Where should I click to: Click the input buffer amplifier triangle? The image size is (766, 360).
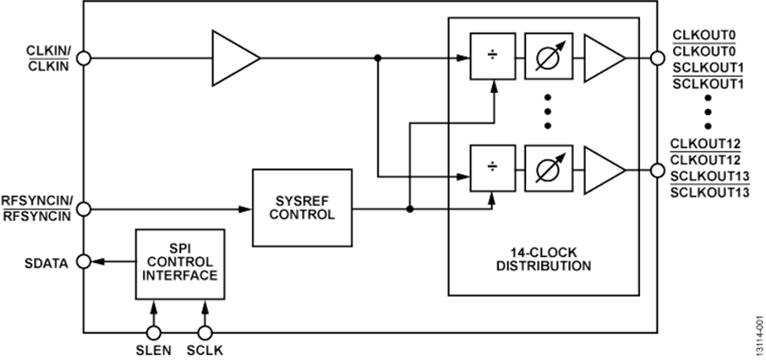click(x=232, y=58)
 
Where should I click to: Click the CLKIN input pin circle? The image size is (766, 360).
click(x=83, y=58)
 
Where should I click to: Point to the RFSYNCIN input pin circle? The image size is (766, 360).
click(x=83, y=207)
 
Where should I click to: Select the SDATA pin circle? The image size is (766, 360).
click(x=83, y=262)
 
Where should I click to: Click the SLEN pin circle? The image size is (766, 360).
click(x=154, y=332)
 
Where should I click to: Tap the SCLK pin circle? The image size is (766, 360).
click(x=203, y=332)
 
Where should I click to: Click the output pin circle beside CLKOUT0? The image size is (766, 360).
click(x=657, y=58)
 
